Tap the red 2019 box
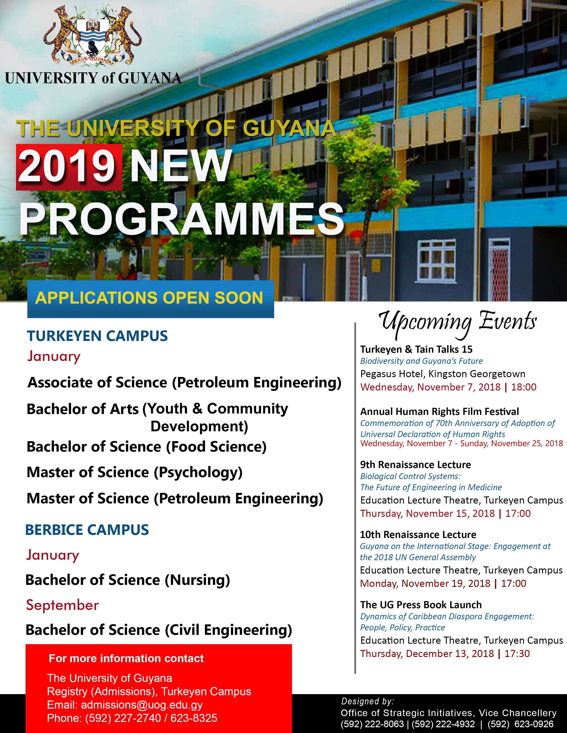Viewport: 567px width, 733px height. coord(69,167)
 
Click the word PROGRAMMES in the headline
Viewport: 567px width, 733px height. coord(182,220)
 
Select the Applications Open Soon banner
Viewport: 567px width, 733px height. coord(151,298)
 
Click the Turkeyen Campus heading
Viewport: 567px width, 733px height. coord(97,336)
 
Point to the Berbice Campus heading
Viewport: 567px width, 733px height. coord(87,530)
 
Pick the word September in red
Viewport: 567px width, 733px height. coord(62,605)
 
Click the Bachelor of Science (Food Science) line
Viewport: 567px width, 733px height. coord(147,447)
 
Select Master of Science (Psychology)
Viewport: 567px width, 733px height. coord(134,472)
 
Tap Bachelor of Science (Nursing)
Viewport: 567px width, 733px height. coord(128,580)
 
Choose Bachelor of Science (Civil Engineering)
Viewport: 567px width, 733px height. coord(159,630)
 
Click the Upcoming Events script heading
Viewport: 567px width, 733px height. coord(457,322)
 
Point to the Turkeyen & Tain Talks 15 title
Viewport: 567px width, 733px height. coord(416,349)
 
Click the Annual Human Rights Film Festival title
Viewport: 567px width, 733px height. coord(439,411)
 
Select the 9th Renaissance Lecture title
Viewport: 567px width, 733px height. coord(416,464)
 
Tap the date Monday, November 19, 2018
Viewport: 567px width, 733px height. coord(425,583)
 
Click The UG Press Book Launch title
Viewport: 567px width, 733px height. coord(421,605)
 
